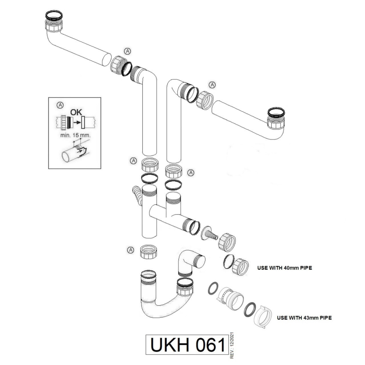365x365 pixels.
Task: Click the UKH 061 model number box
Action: point(187,345)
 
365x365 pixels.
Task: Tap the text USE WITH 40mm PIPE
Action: point(284,268)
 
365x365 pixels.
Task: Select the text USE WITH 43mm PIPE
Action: point(304,318)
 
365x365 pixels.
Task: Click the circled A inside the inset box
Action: point(60,105)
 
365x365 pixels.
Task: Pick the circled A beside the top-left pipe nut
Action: point(128,51)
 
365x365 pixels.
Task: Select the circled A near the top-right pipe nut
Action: point(212,84)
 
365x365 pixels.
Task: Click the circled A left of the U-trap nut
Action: point(131,250)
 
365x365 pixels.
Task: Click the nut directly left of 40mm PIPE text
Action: point(241,266)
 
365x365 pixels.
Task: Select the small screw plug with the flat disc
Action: point(209,233)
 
